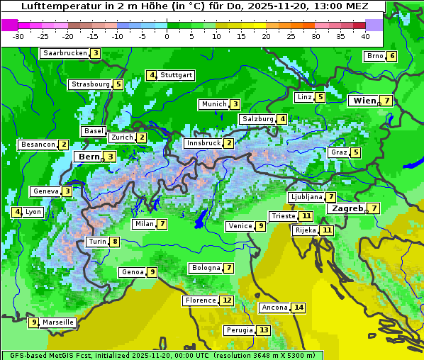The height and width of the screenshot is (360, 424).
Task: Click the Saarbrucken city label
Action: [x=65, y=53]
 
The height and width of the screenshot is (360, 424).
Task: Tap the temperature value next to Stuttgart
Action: [x=151, y=75]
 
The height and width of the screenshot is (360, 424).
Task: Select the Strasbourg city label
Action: [x=90, y=84]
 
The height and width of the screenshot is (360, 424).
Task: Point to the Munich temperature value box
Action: [x=235, y=104]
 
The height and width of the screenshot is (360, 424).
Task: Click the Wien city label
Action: [x=364, y=101]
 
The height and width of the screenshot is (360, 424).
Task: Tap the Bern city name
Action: [x=89, y=157]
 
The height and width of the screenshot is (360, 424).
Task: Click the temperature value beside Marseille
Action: [x=34, y=322]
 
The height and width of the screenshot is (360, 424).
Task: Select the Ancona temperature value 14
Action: [x=299, y=308]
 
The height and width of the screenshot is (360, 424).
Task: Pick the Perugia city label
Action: [x=239, y=330]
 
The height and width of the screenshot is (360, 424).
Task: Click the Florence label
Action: [x=200, y=300]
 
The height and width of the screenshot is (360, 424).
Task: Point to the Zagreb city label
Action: [x=347, y=208]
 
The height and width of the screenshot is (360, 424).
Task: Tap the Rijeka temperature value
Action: [x=326, y=230]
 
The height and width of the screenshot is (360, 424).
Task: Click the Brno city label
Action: [x=374, y=56]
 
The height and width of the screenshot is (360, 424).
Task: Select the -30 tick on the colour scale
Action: [x=18, y=35]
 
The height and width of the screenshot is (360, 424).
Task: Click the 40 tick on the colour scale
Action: [x=365, y=35]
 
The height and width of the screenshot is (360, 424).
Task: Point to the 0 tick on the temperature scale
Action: [x=167, y=35]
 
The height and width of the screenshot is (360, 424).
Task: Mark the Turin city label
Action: [x=97, y=242]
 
